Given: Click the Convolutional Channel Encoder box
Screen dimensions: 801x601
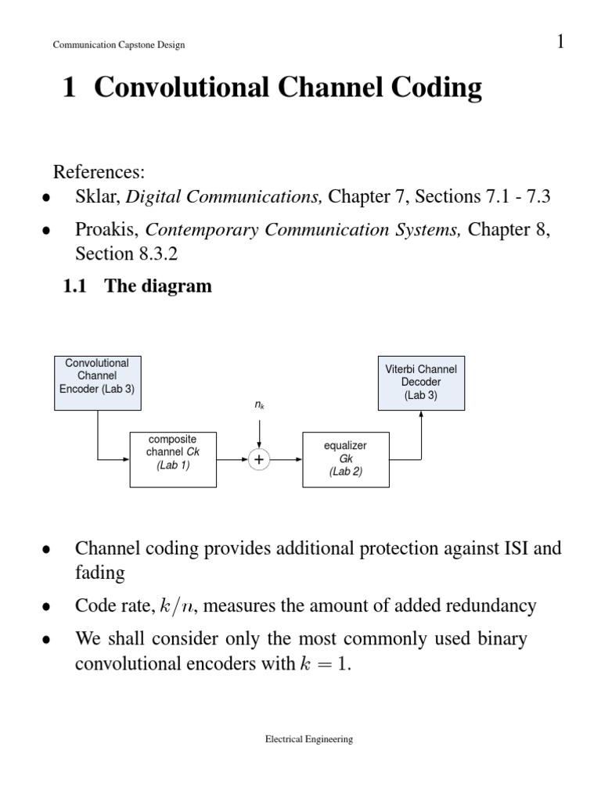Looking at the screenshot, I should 98,383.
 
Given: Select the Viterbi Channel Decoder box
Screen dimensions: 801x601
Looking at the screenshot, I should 421,383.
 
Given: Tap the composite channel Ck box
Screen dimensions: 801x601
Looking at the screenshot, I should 172,458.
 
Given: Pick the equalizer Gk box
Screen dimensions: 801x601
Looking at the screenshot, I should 345,459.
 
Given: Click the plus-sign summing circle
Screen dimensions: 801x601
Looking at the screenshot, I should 259,460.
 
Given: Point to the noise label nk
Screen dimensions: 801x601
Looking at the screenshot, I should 259,406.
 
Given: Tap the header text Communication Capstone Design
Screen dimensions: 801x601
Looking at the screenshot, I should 118,45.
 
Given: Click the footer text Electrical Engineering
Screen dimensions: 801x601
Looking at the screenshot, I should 308,738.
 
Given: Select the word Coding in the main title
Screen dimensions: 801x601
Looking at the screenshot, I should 438,88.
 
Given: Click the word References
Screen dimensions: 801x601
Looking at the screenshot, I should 99,171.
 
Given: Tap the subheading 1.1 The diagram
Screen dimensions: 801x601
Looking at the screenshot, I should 137,286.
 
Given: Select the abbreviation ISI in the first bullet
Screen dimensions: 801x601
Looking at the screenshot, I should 518,548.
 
